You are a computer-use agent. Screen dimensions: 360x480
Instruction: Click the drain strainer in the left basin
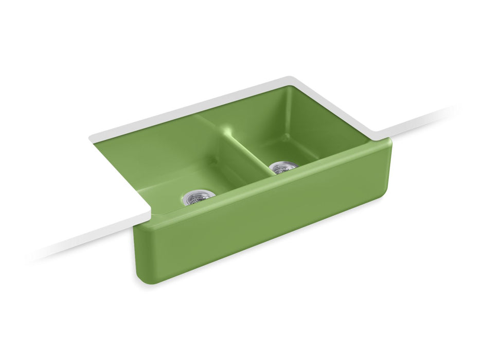194,197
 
